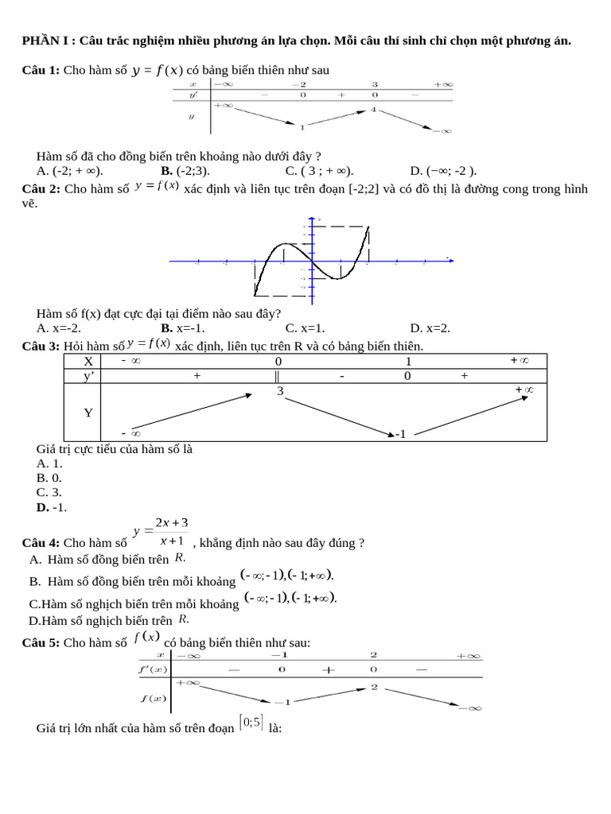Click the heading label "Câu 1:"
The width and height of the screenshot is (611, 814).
point(41,71)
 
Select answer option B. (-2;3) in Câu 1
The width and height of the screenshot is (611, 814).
point(185,170)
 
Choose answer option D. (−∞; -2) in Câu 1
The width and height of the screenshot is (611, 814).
point(442,170)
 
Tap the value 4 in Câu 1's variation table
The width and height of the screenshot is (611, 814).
point(372,109)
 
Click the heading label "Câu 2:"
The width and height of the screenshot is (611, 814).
point(41,189)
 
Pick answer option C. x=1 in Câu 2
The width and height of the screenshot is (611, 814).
point(305,328)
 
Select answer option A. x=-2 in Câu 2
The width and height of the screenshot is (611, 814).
point(59,328)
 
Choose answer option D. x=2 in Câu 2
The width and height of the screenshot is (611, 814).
point(430,328)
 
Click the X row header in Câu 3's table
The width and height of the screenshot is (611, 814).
point(88,361)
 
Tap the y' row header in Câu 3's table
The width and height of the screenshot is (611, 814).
point(88,376)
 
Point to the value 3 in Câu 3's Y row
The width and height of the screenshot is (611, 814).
point(280,391)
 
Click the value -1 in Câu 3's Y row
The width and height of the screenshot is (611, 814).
point(400,434)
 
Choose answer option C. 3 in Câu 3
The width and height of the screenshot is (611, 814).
point(49,492)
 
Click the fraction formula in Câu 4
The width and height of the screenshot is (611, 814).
point(161,531)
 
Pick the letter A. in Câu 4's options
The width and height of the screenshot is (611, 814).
point(36,560)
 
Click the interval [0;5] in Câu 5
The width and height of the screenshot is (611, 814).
point(251,723)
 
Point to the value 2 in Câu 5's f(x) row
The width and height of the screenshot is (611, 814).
point(373,687)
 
